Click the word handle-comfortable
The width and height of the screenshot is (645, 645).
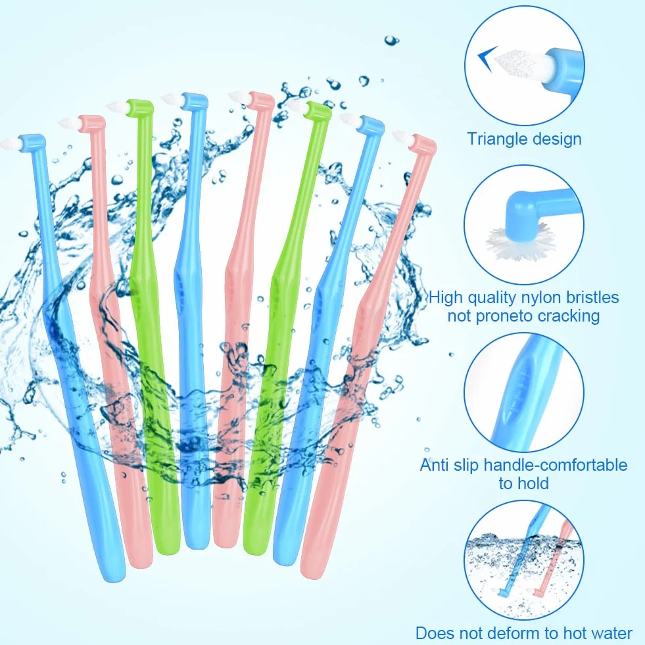point(556,465)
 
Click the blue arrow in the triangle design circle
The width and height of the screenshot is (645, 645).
point(487,59)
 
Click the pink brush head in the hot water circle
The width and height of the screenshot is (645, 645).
point(537,592)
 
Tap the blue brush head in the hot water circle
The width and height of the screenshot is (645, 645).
point(502,592)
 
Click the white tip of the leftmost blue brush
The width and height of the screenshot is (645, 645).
point(10,144)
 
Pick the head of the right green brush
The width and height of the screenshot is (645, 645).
point(318,110)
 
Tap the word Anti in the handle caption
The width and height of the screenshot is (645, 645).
point(435,465)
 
